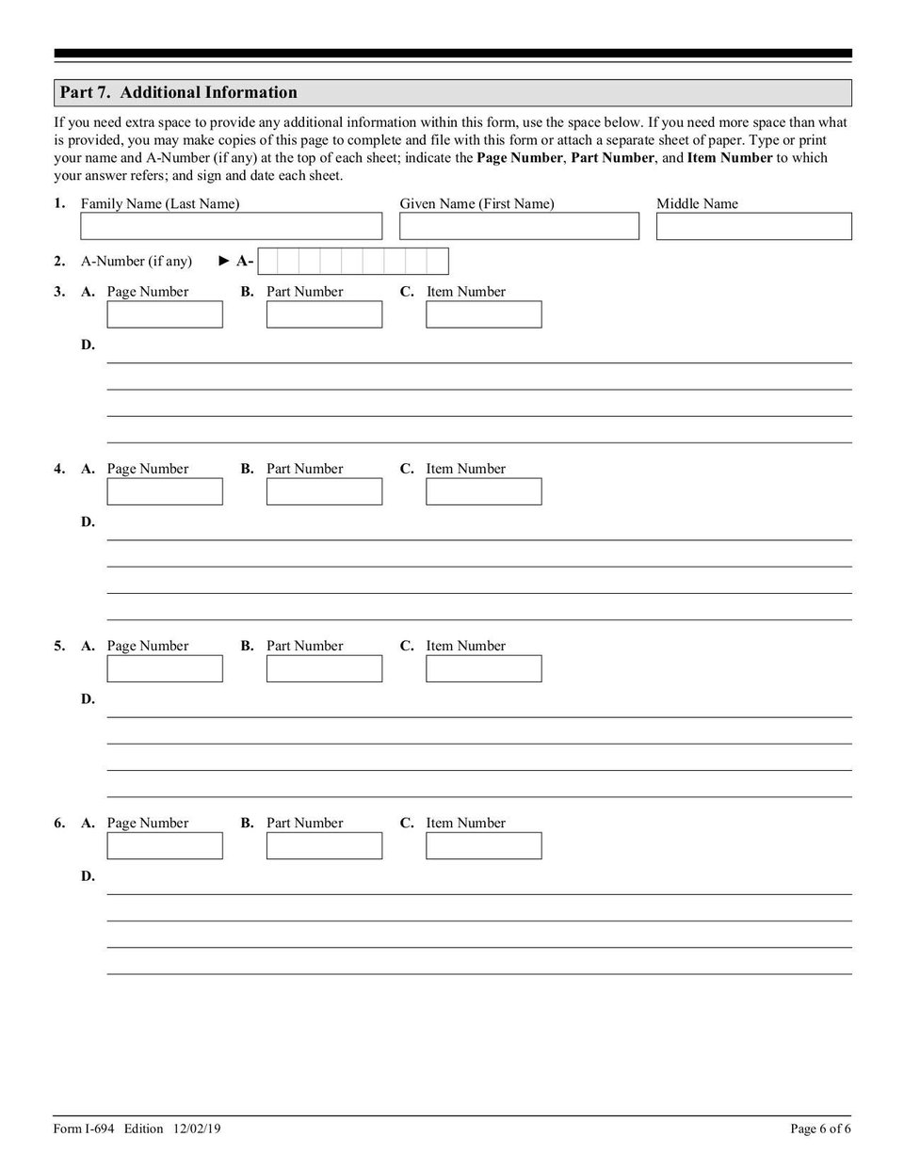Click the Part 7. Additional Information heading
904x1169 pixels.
(x=178, y=92)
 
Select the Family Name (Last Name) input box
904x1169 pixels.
(x=231, y=226)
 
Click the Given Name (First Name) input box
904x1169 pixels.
(x=519, y=226)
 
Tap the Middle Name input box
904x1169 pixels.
(x=753, y=226)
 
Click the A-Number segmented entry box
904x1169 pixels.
(x=353, y=261)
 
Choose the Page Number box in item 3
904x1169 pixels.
(x=165, y=314)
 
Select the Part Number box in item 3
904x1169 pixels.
(x=324, y=314)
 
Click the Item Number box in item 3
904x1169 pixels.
(x=483, y=314)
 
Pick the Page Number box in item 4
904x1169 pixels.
(x=165, y=491)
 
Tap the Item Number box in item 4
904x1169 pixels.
(x=483, y=491)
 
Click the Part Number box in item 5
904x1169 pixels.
(x=324, y=668)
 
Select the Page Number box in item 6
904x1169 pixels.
(x=165, y=845)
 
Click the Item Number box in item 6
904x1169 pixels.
(x=483, y=845)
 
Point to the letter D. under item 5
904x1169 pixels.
(x=88, y=698)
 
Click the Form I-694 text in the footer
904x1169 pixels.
(x=84, y=1129)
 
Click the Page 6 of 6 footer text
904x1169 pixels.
(x=820, y=1129)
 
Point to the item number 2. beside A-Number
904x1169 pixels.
(x=59, y=261)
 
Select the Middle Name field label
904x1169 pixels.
(x=697, y=203)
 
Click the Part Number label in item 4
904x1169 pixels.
(x=304, y=469)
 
